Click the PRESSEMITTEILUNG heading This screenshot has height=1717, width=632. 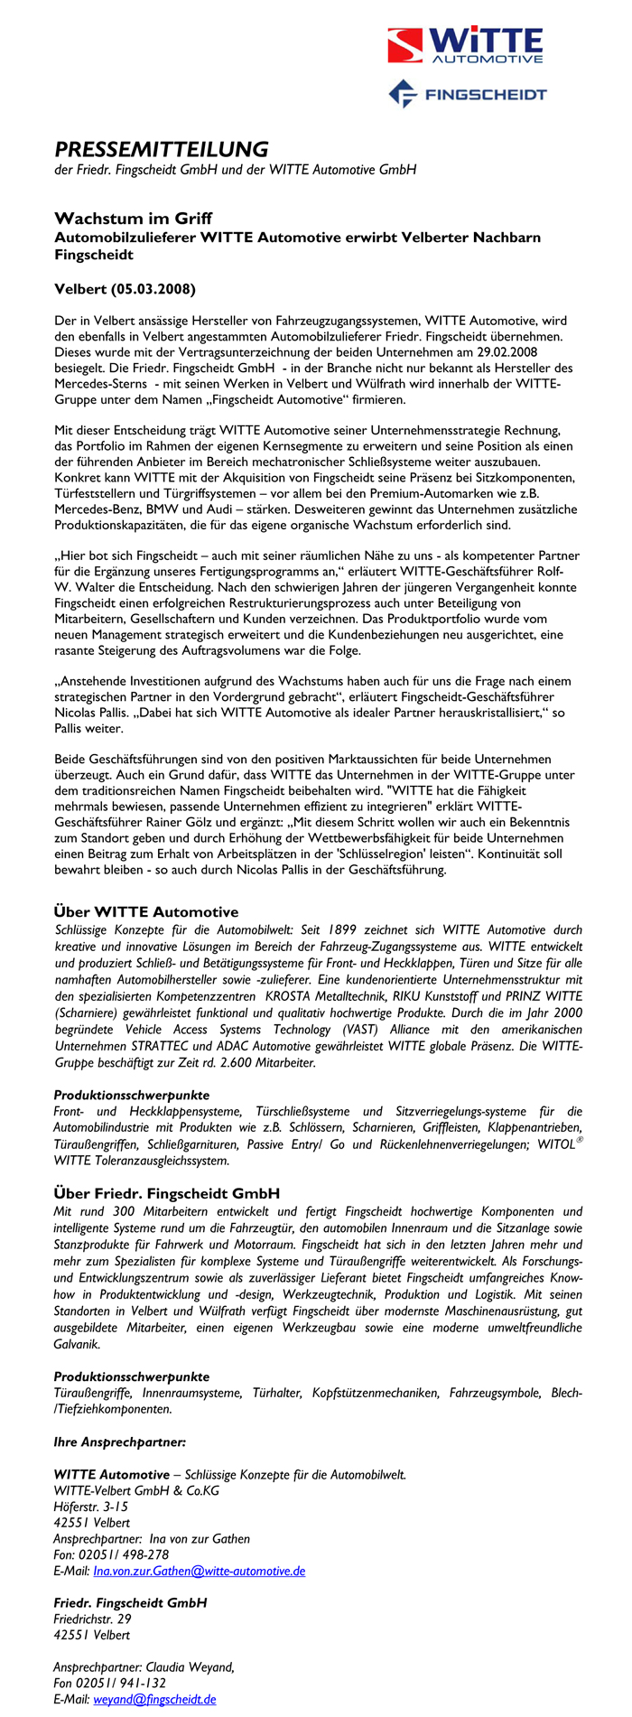(x=162, y=149)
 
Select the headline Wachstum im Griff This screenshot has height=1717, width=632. (x=133, y=219)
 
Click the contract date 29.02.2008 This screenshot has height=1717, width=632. (x=507, y=351)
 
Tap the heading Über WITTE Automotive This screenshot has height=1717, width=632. (x=146, y=911)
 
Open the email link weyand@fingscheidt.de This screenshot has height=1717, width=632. (x=154, y=1699)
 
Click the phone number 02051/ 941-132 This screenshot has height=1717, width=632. (x=121, y=1683)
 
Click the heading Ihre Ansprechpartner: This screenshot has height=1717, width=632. (x=120, y=1442)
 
